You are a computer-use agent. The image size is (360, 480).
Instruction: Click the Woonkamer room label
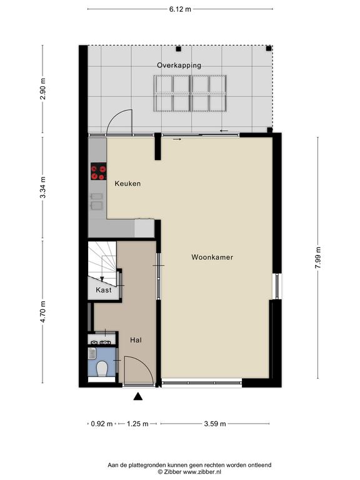212,257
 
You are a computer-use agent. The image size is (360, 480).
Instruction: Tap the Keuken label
127,184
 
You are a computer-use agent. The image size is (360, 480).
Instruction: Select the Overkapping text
179,65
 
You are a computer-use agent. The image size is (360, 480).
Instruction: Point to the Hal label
136,340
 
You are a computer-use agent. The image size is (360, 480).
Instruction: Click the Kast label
104,290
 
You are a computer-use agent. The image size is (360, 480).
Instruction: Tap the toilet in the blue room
101,369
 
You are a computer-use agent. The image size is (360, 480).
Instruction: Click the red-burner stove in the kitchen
99,171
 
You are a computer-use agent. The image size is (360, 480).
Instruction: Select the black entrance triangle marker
138,396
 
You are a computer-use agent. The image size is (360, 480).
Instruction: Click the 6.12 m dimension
180,9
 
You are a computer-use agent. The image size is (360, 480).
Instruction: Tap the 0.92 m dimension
102,424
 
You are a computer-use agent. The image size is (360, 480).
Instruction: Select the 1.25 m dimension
137,424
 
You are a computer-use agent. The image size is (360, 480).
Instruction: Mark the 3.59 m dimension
215,424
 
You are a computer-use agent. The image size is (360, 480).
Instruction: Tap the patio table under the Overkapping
190,93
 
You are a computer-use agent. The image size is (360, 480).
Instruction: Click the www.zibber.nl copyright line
189,472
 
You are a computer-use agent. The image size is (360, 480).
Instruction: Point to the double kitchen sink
97,201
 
